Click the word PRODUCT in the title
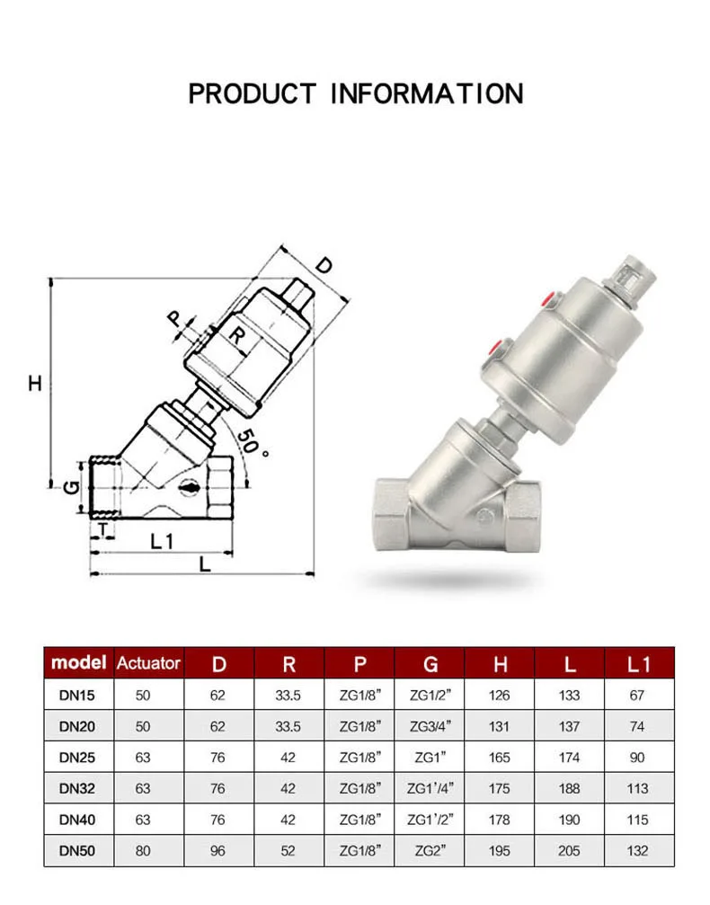pos(253,93)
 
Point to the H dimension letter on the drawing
pos(35,383)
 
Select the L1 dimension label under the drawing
pos(162,541)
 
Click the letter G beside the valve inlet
pos(71,488)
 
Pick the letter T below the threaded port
pos(103,528)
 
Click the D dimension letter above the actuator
pos(324,265)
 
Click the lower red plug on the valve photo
pos(495,348)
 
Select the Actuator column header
pos(148,663)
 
